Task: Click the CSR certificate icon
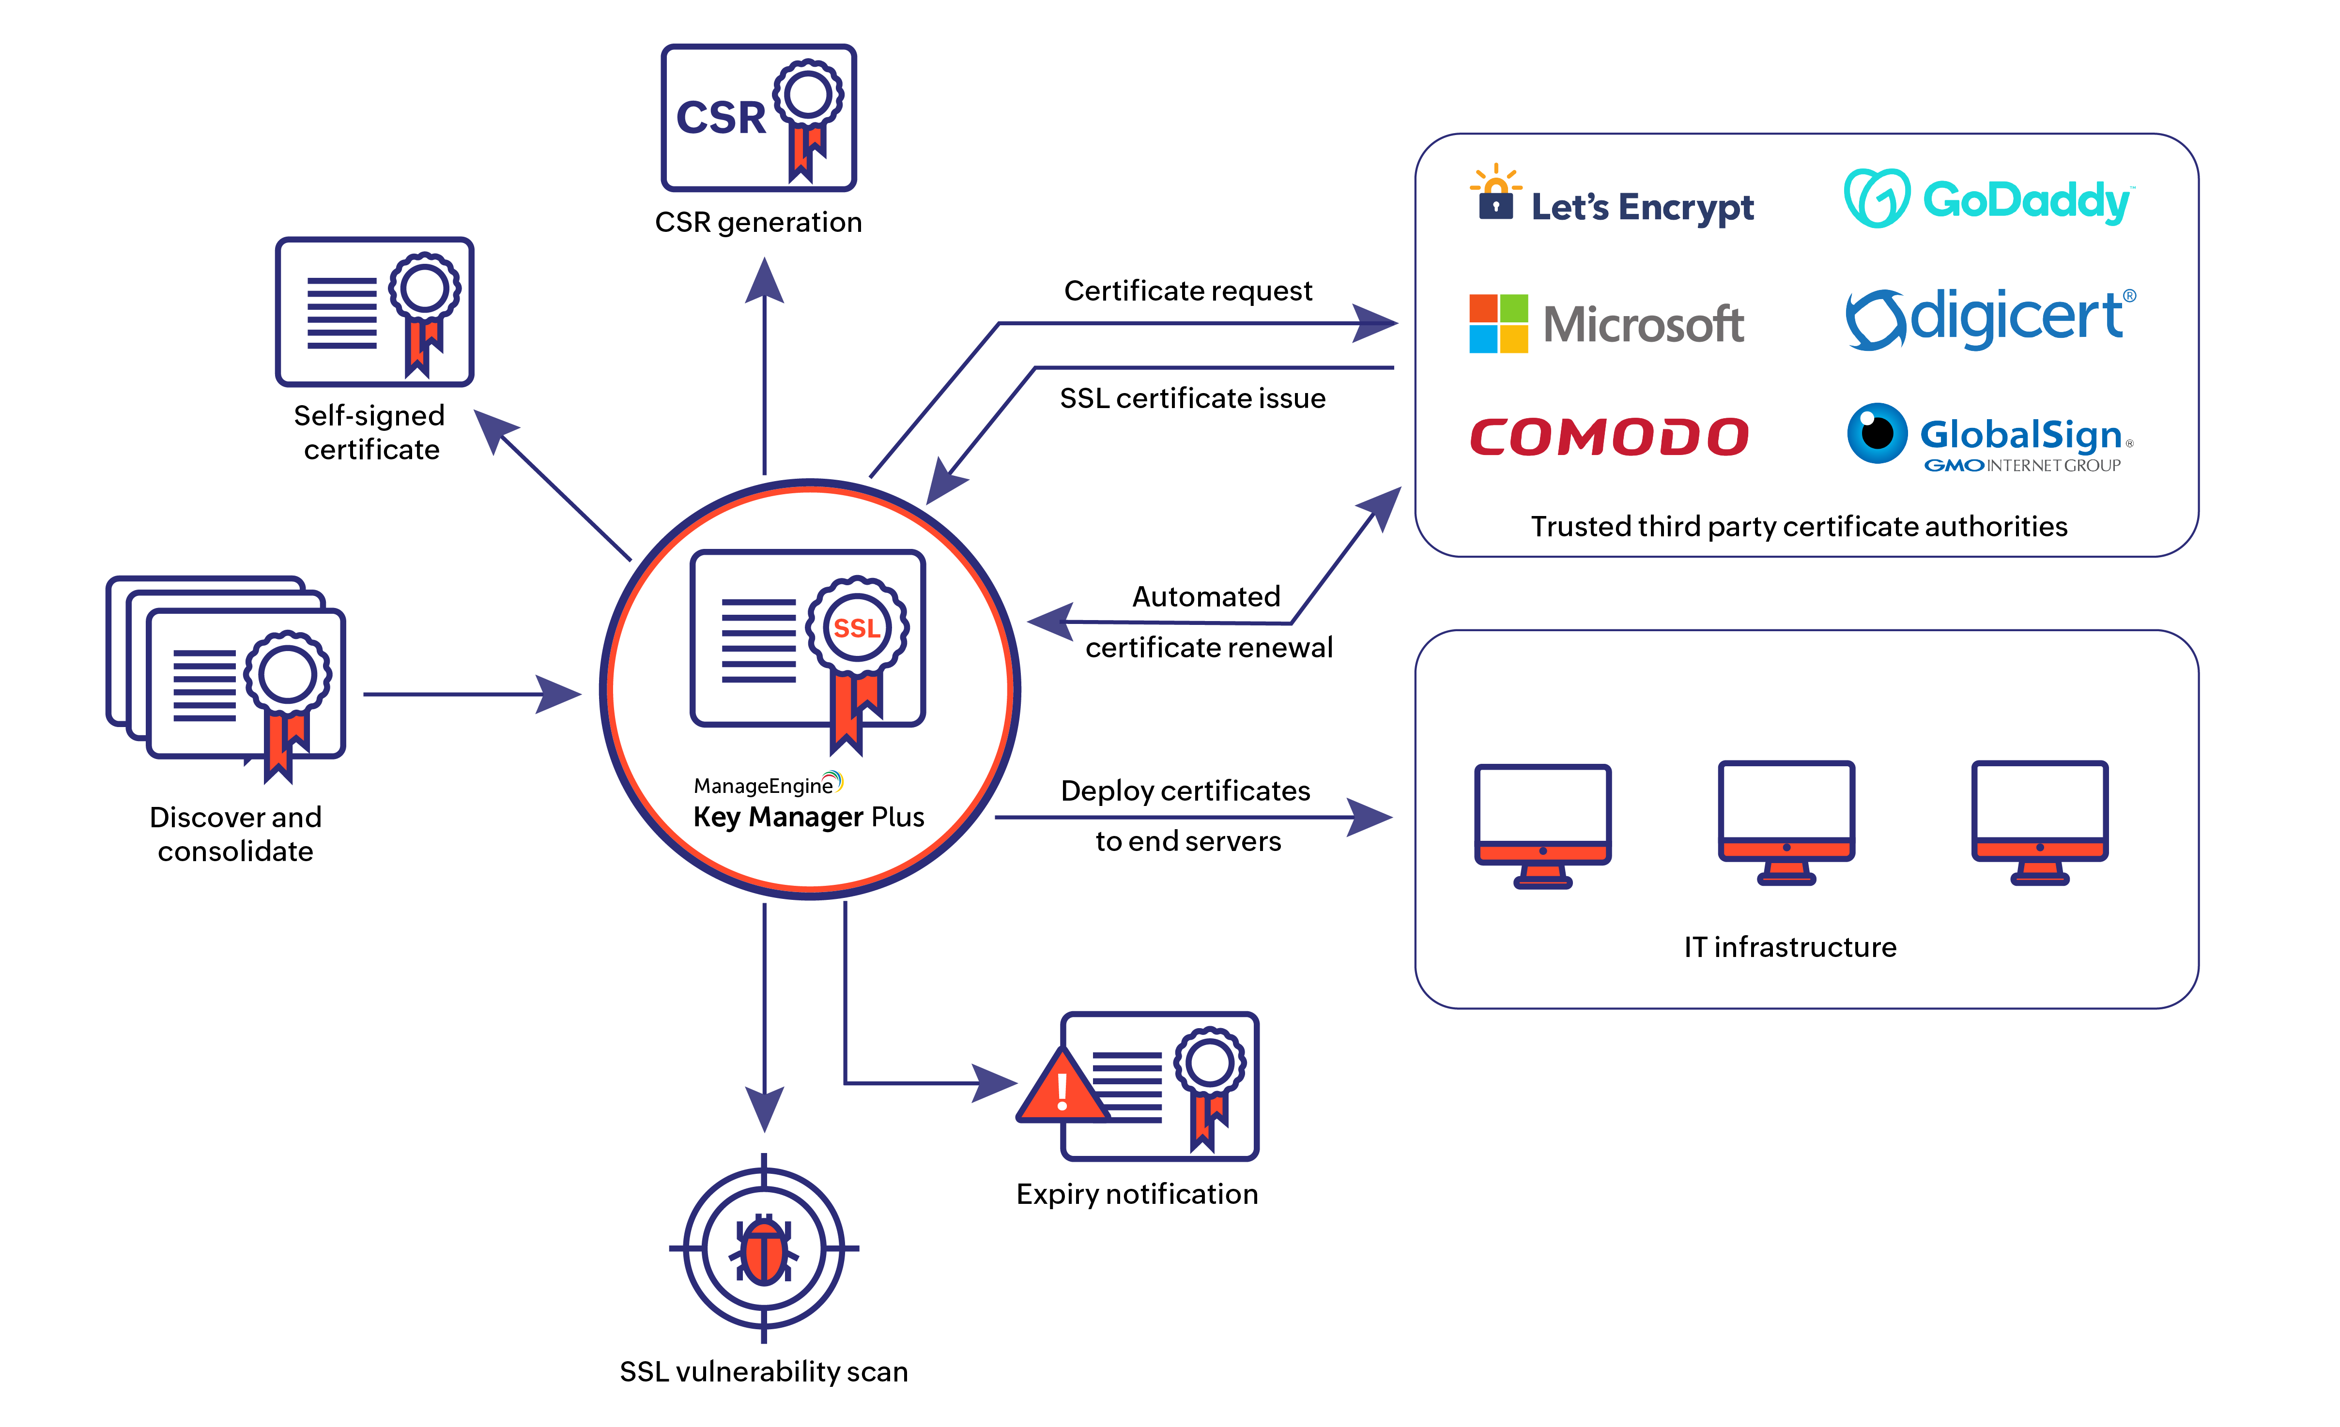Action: click(x=759, y=118)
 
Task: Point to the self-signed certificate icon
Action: click(x=374, y=311)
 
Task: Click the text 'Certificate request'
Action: click(x=1188, y=290)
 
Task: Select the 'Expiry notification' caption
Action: click(x=1137, y=1193)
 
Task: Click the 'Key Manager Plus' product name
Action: click(x=808, y=817)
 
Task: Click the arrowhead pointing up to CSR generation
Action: click(x=765, y=280)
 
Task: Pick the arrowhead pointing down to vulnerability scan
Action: click(x=765, y=1108)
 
